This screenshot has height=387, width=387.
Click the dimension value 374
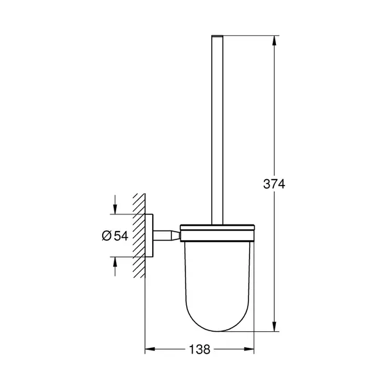(x=274, y=184)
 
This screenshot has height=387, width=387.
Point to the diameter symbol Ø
(x=107, y=236)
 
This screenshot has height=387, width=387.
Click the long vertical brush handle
(x=219, y=128)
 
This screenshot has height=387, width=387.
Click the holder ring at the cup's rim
(x=218, y=227)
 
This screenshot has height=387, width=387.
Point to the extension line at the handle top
(x=250, y=36)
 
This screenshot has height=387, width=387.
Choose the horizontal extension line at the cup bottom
(x=257, y=332)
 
